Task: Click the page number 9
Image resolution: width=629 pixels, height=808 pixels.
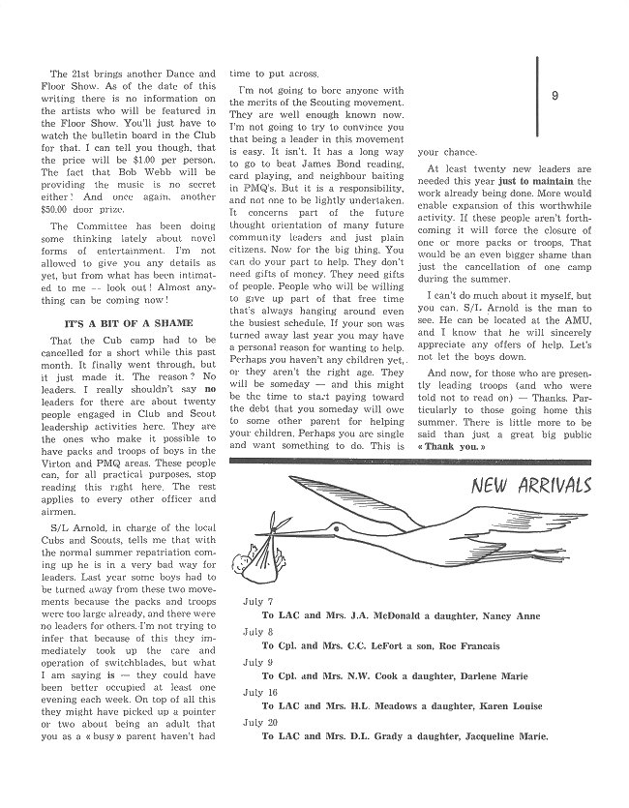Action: click(554, 95)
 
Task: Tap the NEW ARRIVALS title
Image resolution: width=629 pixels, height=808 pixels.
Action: click(531, 484)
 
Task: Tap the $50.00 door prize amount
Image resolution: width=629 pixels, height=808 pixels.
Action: click(67, 222)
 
